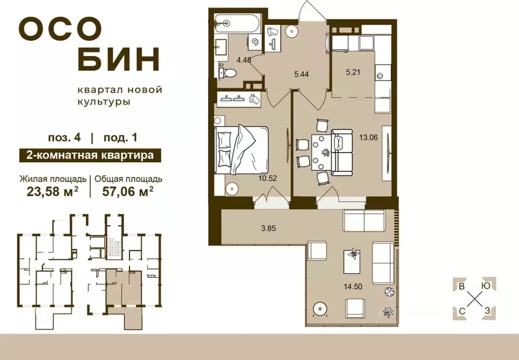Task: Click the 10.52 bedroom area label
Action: (268, 178)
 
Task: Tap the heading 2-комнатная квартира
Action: (86, 155)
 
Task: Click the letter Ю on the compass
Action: (486, 285)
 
